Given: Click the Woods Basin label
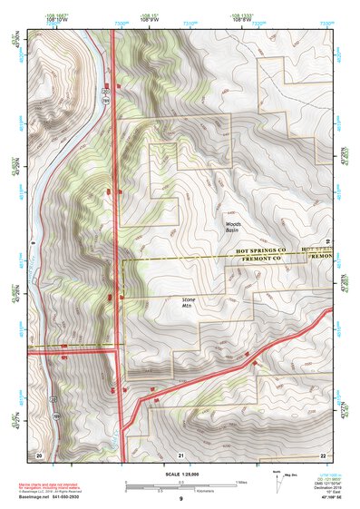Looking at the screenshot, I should (233, 227).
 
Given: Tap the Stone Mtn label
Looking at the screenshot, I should (189, 303).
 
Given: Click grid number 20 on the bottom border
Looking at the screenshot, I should (39, 454).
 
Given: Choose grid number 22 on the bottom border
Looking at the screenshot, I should (322, 454).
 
